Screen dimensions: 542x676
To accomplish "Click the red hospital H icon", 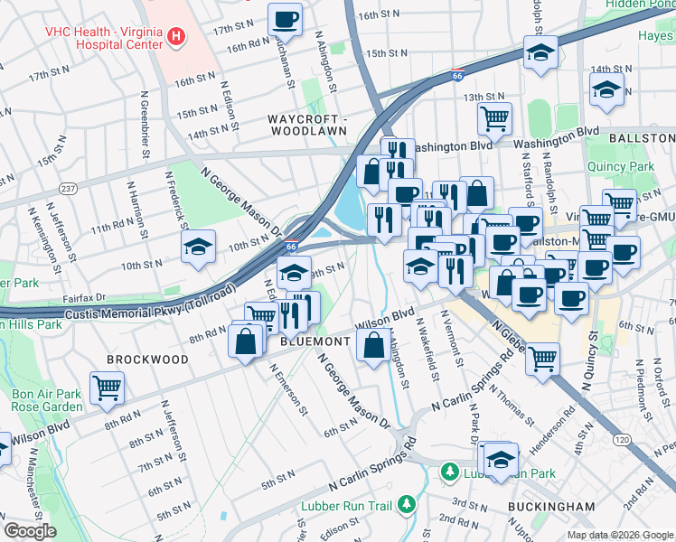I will point(176,38).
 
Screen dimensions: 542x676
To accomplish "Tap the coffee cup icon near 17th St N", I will point(286,17).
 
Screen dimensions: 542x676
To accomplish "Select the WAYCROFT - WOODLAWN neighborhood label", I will point(307,125).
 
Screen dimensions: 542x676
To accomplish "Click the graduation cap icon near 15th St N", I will point(540,52).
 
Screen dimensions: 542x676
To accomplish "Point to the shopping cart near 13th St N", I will point(494,117).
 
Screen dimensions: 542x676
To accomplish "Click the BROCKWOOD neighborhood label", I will point(147,360).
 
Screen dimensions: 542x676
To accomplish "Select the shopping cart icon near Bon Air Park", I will point(107,388).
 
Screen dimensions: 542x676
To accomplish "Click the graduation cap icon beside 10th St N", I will point(198,247).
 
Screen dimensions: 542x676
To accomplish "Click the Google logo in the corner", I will point(30,531).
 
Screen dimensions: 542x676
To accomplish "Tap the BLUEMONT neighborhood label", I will point(315,341).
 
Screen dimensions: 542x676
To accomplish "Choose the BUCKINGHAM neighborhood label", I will point(551,507).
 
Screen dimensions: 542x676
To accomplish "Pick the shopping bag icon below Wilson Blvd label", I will point(374,344).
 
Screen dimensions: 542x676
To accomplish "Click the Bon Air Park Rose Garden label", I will point(46,400).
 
